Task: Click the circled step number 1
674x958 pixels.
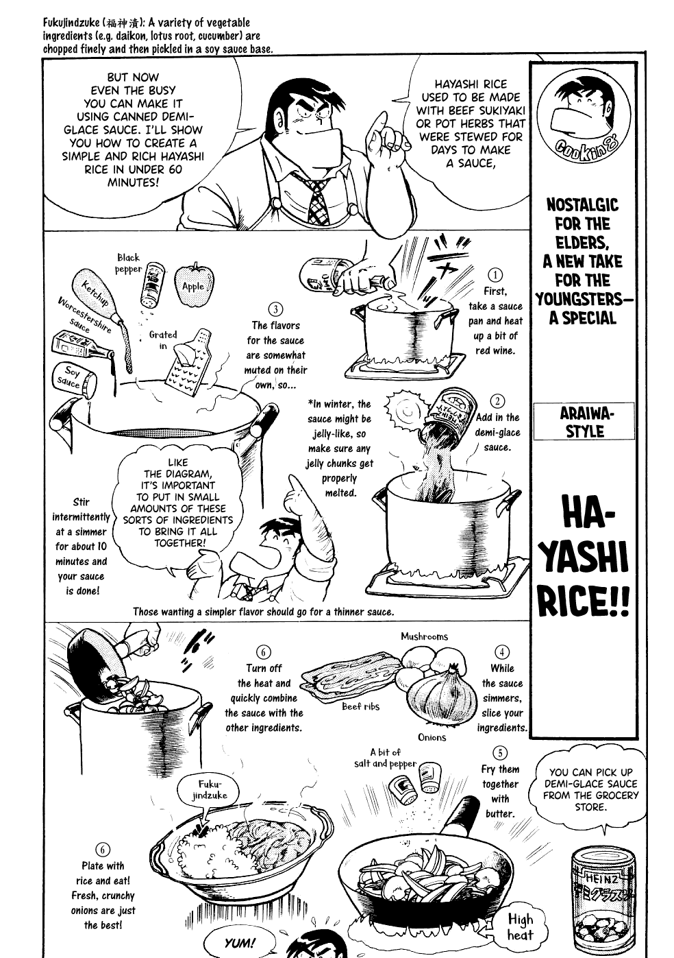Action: pos(496,276)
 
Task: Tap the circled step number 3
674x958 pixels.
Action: pos(275,310)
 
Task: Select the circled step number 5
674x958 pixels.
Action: pos(501,754)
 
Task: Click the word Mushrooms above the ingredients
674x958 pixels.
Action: pos(424,636)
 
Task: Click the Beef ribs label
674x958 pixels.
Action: pos(360,706)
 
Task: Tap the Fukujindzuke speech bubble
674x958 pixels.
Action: pos(203,789)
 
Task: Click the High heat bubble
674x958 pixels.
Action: pos(520,926)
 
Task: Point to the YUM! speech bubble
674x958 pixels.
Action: pos(238,943)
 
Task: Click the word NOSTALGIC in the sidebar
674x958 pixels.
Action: pos(582,205)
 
